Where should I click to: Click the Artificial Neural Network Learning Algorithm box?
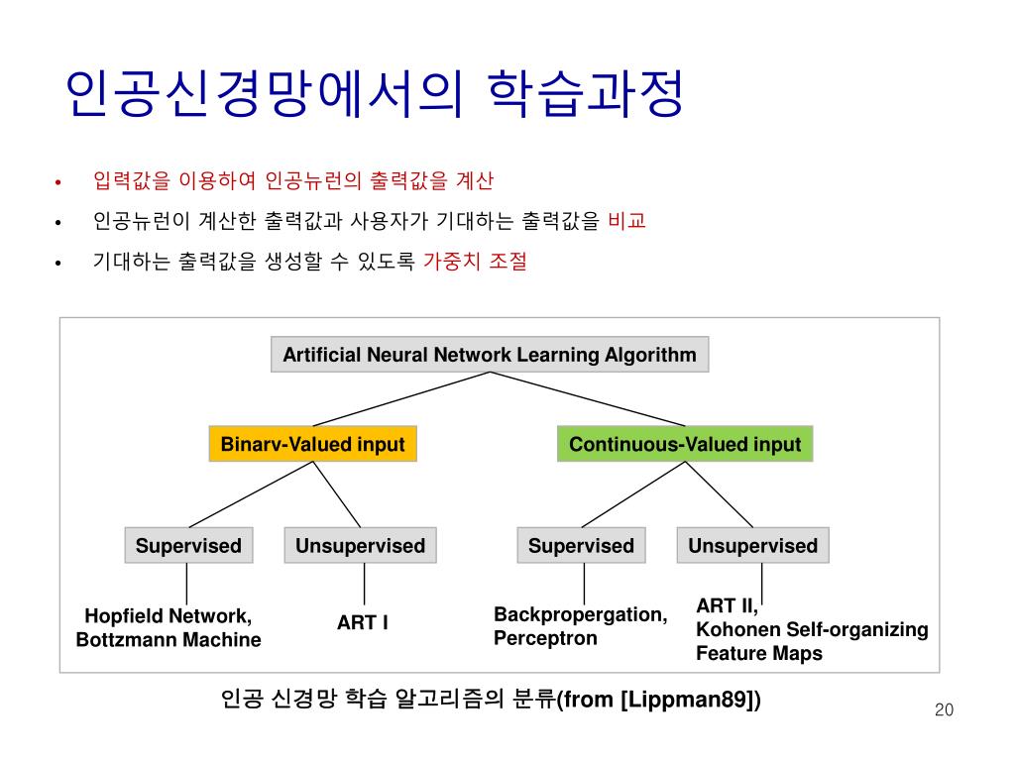(x=490, y=355)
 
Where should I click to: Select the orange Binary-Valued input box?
(x=312, y=444)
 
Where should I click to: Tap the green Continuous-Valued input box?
(x=685, y=444)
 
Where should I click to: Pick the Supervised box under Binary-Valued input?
(x=188, y=546)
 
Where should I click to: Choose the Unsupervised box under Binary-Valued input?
(x=360, y=546)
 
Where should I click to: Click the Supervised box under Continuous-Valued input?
(x=581, y=546)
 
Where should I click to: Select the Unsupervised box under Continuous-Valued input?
(x=752, y=546)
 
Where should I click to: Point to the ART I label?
(x=362, y=623)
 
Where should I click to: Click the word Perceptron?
(x=545, y=638)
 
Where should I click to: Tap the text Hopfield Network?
(x=169, y=615)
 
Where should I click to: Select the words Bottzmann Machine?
(x=169, y=640)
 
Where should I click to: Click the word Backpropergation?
(x=580, y=614)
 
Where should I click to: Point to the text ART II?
(x=727, y=605)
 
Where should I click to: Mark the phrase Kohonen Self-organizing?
(x=812, y=629)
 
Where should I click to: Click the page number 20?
(x=943, y=709)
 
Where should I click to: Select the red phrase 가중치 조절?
(x=475, y=263)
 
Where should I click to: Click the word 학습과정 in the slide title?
(x=586, y=96)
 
